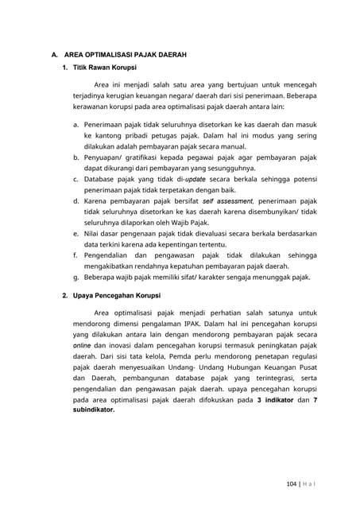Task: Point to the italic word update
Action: tap(195, 180)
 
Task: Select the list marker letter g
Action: tap(75, 278)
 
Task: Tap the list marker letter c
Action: tap(75, 180)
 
